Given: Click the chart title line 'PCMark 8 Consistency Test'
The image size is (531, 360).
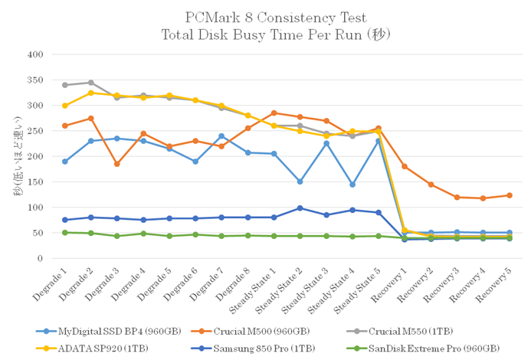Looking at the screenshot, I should point(265,17).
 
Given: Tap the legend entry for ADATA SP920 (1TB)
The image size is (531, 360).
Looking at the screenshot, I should point(87,347).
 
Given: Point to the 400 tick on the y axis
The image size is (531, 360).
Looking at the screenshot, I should point(34,54).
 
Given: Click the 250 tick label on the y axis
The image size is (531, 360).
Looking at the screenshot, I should point(34,131).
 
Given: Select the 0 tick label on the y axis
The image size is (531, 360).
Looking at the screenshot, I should point(40,259).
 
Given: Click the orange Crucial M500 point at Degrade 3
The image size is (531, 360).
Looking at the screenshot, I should point(116,164).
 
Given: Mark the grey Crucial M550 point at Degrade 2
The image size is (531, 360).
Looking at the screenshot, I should point(90,83).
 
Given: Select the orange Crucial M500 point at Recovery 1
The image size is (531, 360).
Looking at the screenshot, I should point(404,167).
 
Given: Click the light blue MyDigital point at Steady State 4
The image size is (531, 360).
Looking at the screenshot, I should point(352,185).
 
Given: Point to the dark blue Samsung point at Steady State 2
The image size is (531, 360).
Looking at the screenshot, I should point(300,208).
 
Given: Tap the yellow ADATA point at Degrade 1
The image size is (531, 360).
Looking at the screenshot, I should point(65,106).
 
